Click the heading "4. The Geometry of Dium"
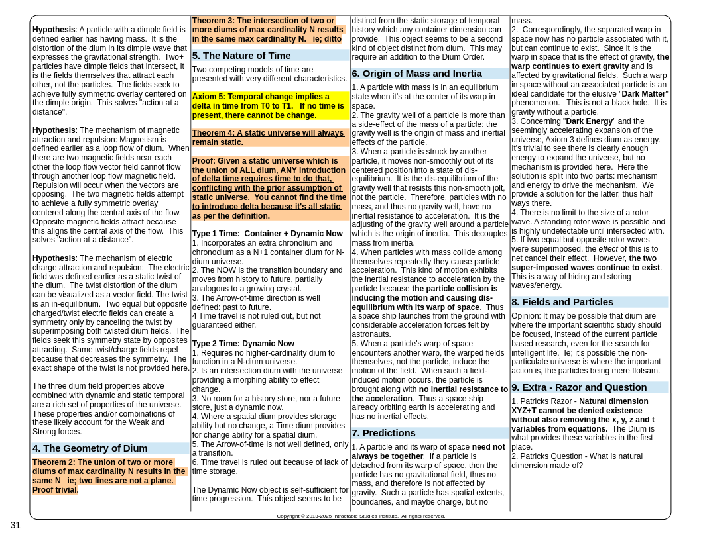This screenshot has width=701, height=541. click(x=90, y=448)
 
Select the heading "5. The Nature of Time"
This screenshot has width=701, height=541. click(x=241, y=56)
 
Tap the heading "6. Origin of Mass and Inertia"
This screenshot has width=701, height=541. click(x=416, y=74)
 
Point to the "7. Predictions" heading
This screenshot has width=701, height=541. click(x=384, y=433)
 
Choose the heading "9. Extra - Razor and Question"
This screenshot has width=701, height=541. click(x=579, y=387)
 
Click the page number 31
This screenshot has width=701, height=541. click(x=15, y=525)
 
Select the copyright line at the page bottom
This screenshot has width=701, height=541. click(x=361, y=516)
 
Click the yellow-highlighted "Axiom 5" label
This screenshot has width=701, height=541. click(x=210, y=97)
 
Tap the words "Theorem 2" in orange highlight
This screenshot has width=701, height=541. click(x=55, y=462)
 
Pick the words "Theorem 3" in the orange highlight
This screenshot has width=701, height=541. click(x=214, y=21)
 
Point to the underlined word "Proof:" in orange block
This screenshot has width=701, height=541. click(x=204, y=161)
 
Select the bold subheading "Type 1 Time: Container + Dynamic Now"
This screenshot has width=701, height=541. click(x=267, y=234)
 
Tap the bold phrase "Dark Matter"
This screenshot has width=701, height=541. click(x=644, y=94)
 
